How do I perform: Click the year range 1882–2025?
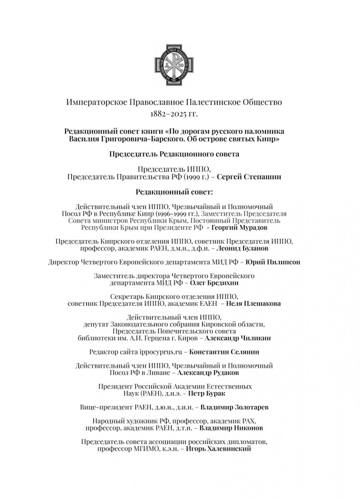click(x=170, y=113)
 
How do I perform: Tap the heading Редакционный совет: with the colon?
click(x=180, y=192)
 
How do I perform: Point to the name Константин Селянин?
click(x=224, y=352)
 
